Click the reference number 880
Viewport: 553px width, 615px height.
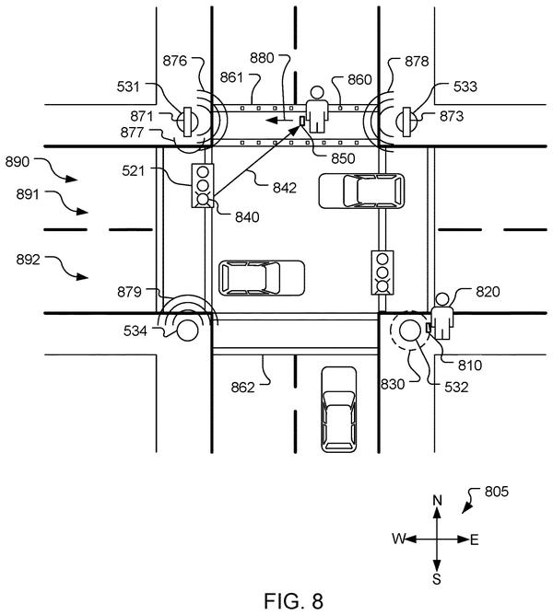[x=262, y=58]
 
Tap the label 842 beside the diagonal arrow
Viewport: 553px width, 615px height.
[x=285, y=188]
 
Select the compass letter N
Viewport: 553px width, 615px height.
[x=437, y=501]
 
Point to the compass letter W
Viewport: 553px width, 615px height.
[x=398, y=539]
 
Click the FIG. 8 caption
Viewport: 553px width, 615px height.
[x=294, y=600]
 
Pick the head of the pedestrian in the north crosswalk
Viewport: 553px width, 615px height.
[x=316, y=93]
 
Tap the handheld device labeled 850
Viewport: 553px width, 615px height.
[x=302, y=121]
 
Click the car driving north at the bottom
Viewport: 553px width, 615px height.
[x=339, y=409]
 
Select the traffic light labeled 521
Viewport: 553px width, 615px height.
[x=203, y=186]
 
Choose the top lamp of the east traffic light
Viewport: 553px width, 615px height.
[x=382, y=259]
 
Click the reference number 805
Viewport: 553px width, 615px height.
[x=497, y=492]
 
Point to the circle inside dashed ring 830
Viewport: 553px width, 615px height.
[x=409, y=330]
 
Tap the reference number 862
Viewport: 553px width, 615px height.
[x=242, y=388]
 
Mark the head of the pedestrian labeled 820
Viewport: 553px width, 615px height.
[x=442, y=299]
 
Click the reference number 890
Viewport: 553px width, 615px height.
[x=18, y=162]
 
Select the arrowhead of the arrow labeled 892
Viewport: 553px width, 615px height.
[x=82, y=276]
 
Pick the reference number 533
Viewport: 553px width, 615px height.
[x=465, y=87]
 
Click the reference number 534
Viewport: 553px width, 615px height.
[x=135, y=331]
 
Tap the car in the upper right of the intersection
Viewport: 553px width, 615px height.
[x=361, y=191]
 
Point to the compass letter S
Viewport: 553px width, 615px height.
[x=437, y=579]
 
